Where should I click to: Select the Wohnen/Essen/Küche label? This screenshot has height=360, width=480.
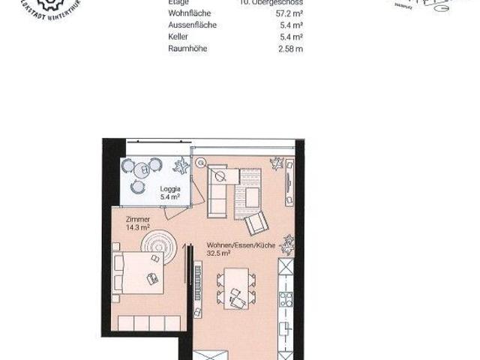pos(231,245)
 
